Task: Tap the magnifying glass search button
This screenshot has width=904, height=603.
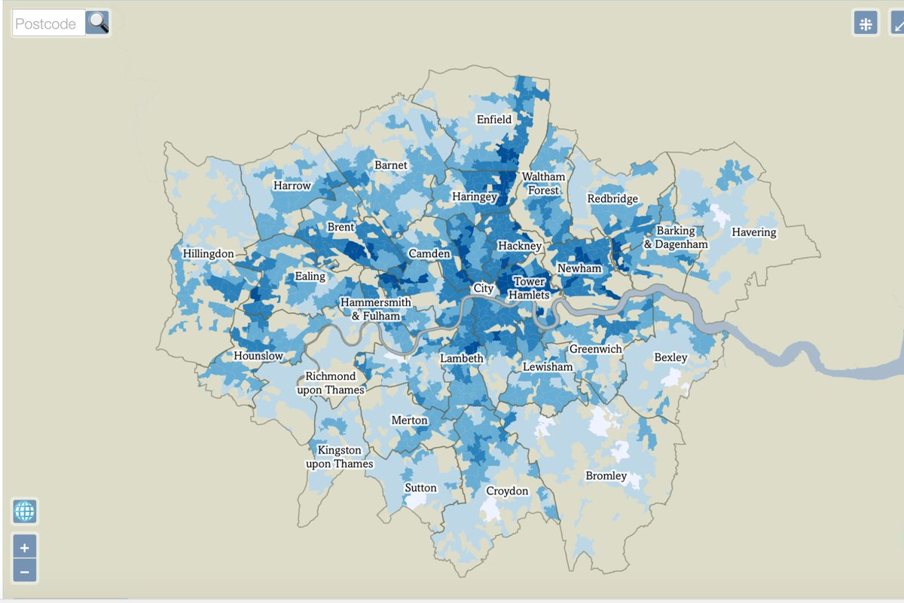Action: tap(97, 23)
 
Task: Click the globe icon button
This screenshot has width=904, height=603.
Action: tap(25, 512)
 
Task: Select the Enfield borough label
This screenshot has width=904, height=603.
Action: tap(494, 119)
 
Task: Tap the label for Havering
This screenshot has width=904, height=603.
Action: tap(753, 232)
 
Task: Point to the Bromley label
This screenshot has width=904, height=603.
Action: tap(606, 476)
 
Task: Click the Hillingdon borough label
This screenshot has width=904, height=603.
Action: tap(209, 254)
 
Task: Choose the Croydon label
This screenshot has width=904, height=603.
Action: tap(507, 491)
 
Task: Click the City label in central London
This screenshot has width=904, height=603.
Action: tap(483, 289)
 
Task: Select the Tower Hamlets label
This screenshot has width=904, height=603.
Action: tap(529, 289)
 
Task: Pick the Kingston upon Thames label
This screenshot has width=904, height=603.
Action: tap(340, 457)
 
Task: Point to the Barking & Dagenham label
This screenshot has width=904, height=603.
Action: tap(676, 237)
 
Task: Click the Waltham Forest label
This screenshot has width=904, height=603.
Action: tap(543, 183)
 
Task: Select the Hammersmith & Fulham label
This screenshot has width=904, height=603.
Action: tap(376, 309)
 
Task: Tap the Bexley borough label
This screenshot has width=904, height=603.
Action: tap(670, 357)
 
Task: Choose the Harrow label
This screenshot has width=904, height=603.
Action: tap(292, 185)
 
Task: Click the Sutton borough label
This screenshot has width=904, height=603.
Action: tap(420, 488)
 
